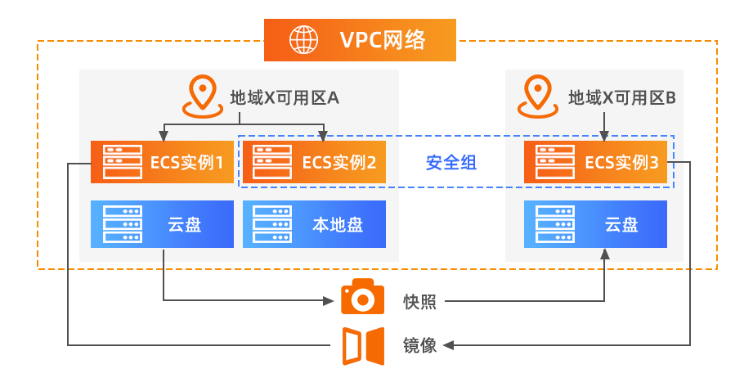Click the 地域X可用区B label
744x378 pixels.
coord(622,98)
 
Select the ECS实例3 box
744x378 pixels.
coord(596,162)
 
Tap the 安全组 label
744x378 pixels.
coord(451,163)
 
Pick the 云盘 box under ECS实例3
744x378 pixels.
coord(596,224)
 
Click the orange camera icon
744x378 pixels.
coord(362,299)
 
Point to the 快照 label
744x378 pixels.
coord(419,301)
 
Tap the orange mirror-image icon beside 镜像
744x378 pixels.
coord(362,344)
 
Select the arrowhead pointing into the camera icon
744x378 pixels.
coord(332,300)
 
